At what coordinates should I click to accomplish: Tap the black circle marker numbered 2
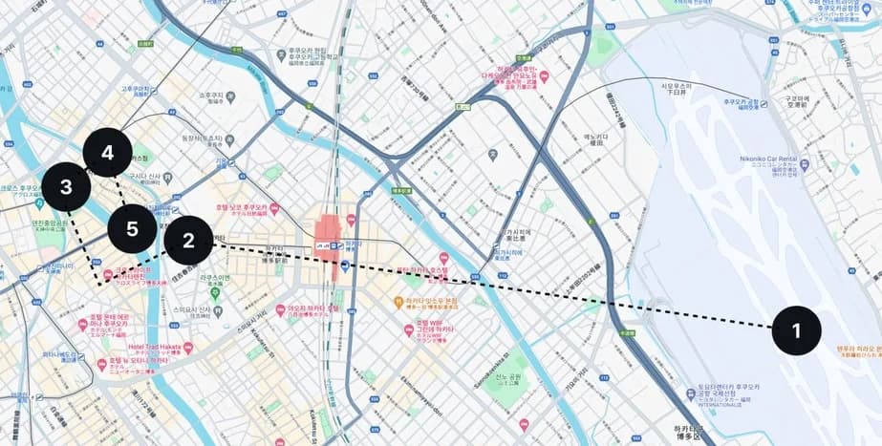(188, 241)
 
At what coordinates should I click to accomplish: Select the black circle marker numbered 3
(66, 188)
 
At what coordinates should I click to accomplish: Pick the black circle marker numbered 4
(107, 153)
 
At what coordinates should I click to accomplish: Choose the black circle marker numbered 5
(132, 229)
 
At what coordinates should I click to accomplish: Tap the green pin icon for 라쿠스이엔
(215, 292)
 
